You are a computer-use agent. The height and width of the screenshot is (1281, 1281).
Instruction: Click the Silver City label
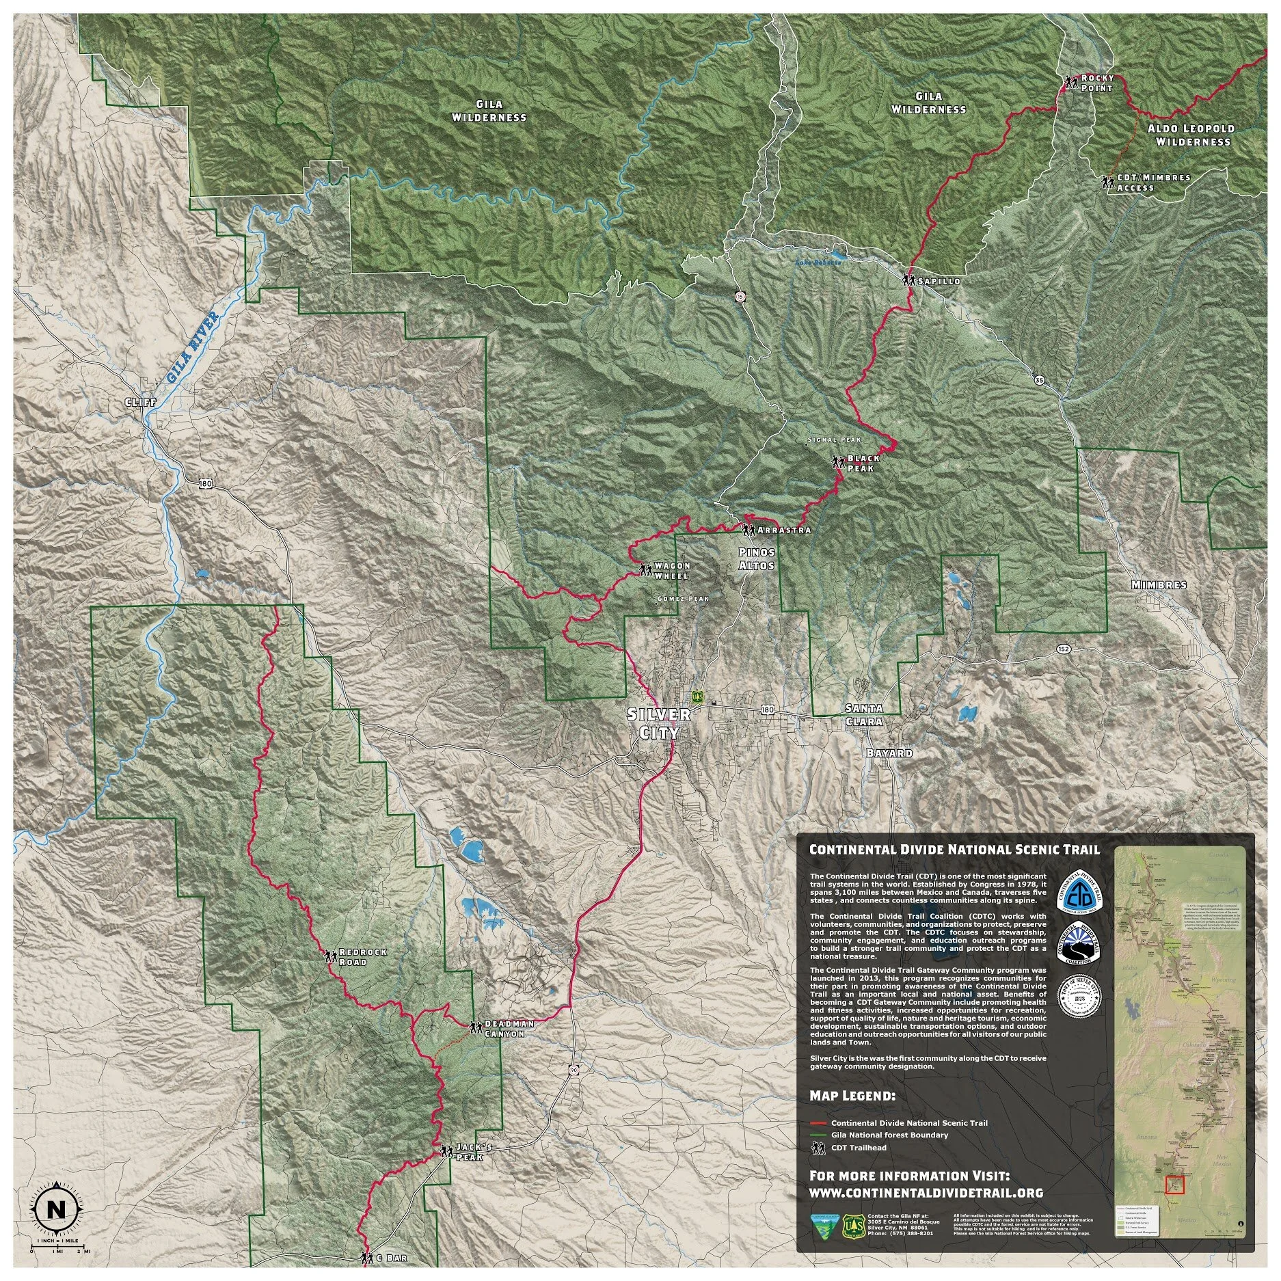658,723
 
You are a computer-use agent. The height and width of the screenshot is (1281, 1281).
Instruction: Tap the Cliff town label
139,403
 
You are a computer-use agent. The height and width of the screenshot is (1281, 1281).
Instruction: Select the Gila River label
192,347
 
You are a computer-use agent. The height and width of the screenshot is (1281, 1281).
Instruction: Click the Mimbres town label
1159,584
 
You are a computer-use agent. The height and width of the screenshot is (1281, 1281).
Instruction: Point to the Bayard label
889,753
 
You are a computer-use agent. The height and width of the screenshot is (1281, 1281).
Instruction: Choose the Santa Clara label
864,714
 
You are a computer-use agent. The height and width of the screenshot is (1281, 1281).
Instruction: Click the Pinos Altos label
757,558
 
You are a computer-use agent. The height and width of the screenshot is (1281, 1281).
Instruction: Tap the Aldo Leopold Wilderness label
1191,135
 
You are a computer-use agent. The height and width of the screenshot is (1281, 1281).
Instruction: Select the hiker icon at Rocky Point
1070,82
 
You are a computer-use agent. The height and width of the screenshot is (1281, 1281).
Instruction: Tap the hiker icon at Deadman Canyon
475,1027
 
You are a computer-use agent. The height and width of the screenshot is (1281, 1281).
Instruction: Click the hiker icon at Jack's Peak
446,1152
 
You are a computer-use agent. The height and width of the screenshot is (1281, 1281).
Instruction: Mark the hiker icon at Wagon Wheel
645,569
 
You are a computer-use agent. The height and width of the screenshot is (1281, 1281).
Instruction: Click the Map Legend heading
852,1114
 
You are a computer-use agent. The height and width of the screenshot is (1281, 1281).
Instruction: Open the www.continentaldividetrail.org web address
926,1192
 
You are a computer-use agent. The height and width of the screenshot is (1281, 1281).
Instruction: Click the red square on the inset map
1175,1185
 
